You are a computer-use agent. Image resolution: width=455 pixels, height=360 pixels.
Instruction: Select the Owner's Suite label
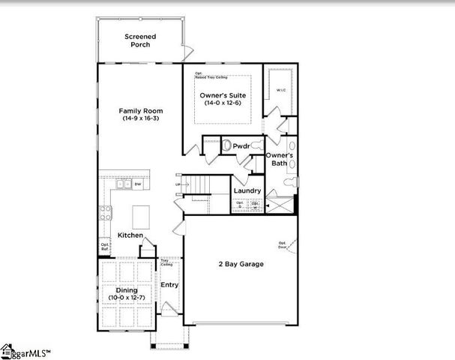click(223, 94)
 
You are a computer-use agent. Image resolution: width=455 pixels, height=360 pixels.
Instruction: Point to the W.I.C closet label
click(280, 91)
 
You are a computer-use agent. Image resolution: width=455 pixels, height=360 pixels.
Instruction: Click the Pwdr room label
click(241, 145)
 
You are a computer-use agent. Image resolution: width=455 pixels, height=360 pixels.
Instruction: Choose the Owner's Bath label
click(280, 159)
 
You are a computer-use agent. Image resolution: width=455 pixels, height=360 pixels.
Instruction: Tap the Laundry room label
click(246, 190)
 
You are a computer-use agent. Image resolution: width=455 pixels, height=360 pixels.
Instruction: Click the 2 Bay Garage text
click(241, 264)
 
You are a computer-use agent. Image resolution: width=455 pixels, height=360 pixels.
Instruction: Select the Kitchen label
click(130, 235)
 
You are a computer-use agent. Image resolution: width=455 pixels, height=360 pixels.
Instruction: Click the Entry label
click(169, 284)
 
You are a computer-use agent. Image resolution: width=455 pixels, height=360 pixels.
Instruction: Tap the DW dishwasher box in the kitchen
click(138, 184)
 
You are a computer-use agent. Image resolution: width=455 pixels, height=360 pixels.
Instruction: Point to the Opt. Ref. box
click(105, 245)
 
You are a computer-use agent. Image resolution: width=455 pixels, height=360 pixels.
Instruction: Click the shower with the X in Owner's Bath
click(280, 203)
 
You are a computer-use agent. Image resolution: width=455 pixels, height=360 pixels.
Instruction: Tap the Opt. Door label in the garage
click(283, 244)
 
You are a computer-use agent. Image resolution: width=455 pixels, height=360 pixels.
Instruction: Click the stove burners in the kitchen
click(105, 214)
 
